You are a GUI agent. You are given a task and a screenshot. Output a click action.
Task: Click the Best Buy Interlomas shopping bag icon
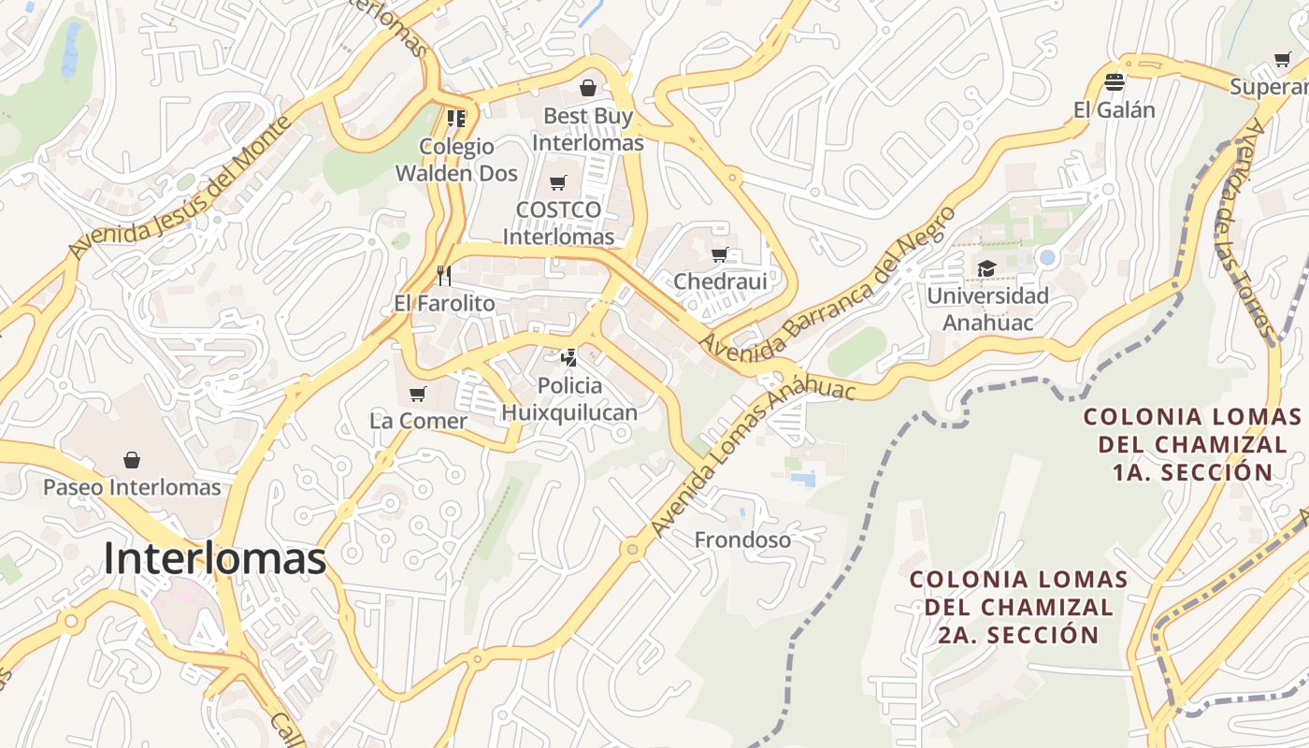[588, 88]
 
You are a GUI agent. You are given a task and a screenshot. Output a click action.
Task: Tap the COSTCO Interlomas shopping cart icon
[558, 182]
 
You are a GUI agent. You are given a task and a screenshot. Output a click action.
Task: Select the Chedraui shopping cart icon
[720, 254]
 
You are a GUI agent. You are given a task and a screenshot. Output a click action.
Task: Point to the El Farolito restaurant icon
[444, 275]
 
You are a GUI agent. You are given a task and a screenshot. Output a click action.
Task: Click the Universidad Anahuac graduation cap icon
[986, 269]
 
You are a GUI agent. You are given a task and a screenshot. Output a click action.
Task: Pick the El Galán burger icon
[1114, 82]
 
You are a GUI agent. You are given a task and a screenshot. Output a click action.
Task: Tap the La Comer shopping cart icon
[418, 394]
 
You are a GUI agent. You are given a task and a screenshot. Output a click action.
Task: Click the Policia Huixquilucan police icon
[568, 357]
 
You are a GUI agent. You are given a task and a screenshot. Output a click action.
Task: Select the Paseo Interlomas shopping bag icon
[132, 460]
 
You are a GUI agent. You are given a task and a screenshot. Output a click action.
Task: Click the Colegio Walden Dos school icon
[456, 119]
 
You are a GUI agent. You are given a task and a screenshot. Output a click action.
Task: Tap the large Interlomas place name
[215, 558]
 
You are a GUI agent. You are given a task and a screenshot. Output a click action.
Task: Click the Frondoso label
[742, 539]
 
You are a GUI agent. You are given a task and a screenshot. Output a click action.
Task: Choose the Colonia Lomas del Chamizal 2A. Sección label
[1019, 607]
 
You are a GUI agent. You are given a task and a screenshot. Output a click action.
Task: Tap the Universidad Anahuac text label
[987, 309]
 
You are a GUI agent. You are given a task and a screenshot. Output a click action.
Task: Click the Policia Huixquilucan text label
[569, 399]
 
